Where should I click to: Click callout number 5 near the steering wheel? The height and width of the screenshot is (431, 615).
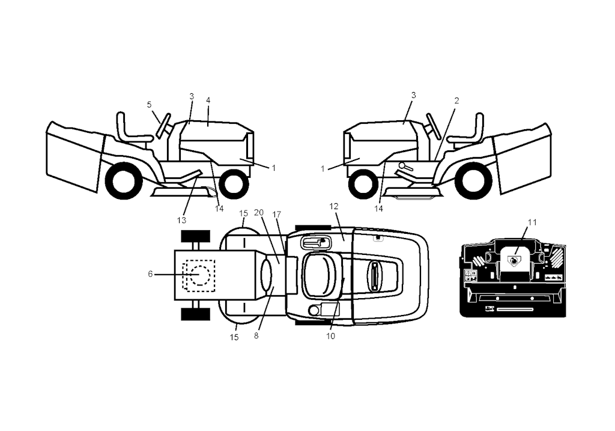click(x=149, y=105)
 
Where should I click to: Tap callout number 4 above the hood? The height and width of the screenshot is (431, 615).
click(x=208, y=100)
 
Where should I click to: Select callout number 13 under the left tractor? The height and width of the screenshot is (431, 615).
click(x=181, y=220)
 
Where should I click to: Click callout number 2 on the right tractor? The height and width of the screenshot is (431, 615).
click(x=456, y=100)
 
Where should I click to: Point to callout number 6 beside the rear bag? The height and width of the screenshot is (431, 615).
click(x=150, y=274)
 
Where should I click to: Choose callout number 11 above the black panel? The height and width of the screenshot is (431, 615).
click(x=532, y=222)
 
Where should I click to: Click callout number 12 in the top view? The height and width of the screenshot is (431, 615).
click(x=334, y=206)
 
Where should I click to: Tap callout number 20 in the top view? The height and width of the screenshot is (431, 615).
click(x=259, y=212)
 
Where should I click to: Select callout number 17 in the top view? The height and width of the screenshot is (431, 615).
click(x=277, y=215)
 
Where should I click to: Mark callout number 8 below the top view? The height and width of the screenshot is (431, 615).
click(x=256, y=335)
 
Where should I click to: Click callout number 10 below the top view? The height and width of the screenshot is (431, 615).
click(x=331, y=336)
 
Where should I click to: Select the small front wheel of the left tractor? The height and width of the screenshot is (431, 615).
click(x=234, y=183)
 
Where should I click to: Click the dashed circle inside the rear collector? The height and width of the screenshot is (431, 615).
click(x=199, y=275)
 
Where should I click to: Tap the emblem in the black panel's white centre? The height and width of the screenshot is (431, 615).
click(x=514, y=260)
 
